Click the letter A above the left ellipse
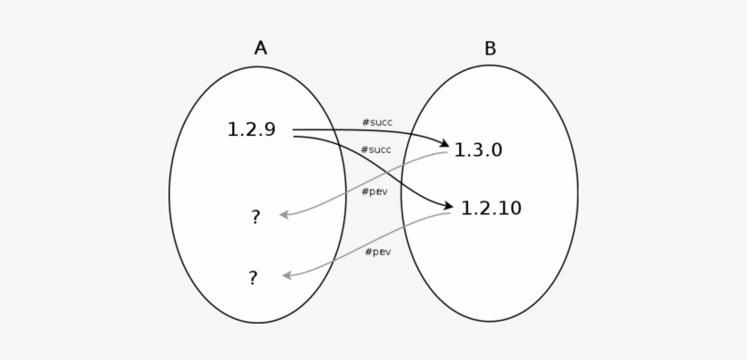[261, 48]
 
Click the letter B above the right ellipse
[490, 49]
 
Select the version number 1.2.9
[251, 130]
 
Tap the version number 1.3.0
[478, 150]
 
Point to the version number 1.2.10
[491, 209]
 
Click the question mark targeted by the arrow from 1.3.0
[255, 217]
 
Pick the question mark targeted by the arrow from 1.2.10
[253, 278]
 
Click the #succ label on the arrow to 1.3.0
[376, 122]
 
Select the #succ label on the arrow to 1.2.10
[375, 149]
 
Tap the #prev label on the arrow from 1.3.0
[374, 192]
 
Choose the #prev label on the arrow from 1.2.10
[377, 252]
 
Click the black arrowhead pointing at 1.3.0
[444, 144]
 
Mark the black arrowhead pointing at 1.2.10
[447, 207]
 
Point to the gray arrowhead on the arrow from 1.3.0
[284, 215]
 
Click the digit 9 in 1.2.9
[269, 130]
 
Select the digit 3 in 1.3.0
[478, 150]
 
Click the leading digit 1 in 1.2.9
[232, 130]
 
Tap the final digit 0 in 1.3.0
[496, 150]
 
